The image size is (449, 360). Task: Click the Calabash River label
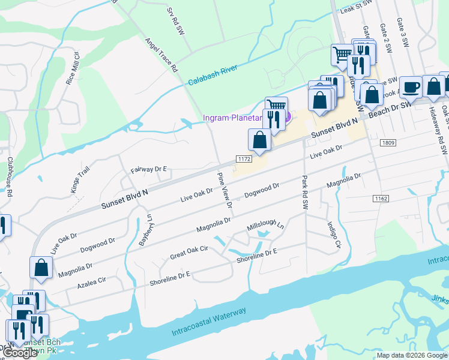click(213, 79)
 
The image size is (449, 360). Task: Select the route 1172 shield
click(243, 159)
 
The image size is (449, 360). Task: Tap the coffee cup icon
click(411, 88)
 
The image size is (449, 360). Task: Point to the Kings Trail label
click(79, 177)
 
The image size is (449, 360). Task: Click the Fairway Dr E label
click(148, 170)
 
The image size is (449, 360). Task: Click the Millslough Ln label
click(265, 227)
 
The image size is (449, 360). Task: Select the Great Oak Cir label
click(189, 251)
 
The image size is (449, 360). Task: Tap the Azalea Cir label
click(89, 280)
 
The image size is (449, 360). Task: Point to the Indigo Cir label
click(334, 235)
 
